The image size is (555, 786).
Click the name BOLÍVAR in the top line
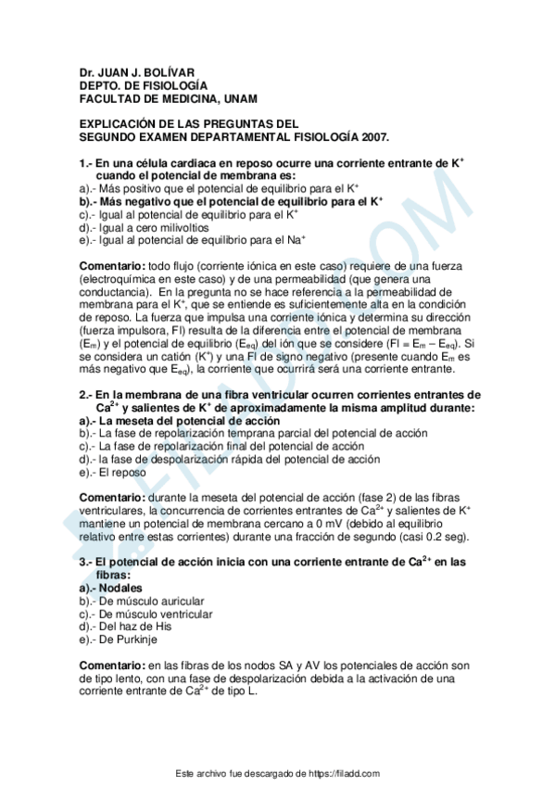(170, 71)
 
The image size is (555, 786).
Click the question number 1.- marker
(86, 163)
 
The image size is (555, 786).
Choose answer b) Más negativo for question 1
(231, 200)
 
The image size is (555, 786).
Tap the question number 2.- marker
(86, 394)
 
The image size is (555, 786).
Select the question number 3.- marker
(86, 562)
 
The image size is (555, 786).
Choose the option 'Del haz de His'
(134, 627)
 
